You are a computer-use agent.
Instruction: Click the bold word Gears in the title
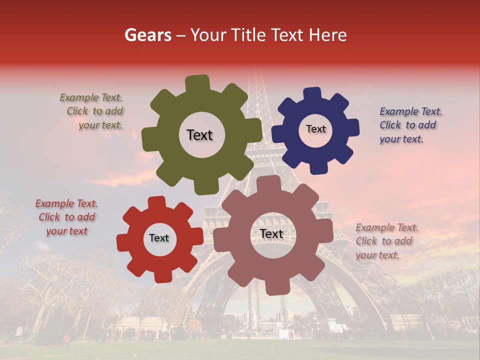tap(147, 35)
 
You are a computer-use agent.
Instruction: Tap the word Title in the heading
tap(250, 35)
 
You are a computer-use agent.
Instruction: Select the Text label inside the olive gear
tap(199, 135)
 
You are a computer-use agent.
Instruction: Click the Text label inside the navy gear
tap(315, 129)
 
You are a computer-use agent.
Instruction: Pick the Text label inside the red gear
tap(159, 238)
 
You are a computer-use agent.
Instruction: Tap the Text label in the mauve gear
tap(271, 233)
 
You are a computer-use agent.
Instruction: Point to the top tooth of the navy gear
tap(313, 94)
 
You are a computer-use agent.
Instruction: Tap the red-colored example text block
tap(66, 217)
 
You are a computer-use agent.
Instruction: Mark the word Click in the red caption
tap(49, 217)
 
